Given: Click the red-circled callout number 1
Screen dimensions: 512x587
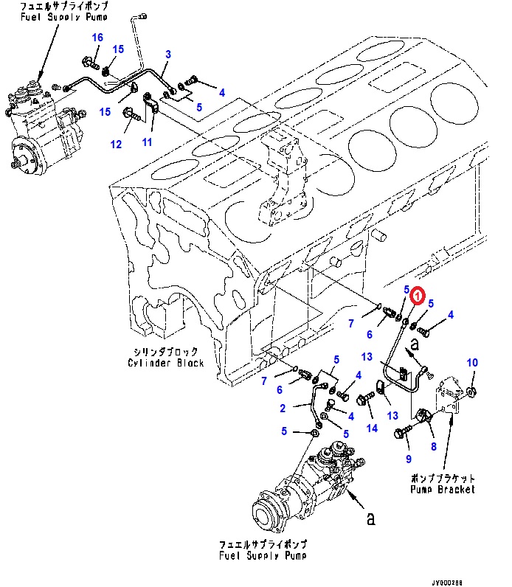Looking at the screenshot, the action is pos(418,296).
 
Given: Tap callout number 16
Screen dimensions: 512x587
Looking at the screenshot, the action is pos(97,38).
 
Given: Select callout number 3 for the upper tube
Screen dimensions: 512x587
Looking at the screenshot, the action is pos(168,55).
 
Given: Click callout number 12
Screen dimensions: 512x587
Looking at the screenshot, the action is pos(116,144).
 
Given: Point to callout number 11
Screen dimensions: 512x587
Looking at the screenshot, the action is pos(147,142).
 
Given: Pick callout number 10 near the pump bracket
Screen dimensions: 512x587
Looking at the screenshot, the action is pos(472,362).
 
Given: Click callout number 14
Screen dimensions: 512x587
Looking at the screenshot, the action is pos(372,428).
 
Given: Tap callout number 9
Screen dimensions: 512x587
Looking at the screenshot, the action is pos(409,459).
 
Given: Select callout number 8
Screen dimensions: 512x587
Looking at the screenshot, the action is pos(433,446).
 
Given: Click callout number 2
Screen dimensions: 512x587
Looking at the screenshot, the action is pos(283,408).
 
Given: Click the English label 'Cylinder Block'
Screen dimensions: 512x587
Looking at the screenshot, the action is pos(165,363).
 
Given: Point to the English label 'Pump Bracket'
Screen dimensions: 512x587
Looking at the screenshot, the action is pos(443,490).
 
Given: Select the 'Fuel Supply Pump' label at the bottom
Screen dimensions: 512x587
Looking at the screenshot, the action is pos(263,555).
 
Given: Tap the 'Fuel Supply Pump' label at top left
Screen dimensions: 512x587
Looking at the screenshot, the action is pos(64,17).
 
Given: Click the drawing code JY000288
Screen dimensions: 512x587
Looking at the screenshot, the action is pos(447,583).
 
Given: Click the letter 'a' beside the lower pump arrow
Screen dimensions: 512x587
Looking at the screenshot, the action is pos(370,519).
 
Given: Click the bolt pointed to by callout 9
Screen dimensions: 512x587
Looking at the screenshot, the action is pos(403,431).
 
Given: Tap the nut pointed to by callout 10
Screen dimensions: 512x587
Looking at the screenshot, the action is pos(471,392).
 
